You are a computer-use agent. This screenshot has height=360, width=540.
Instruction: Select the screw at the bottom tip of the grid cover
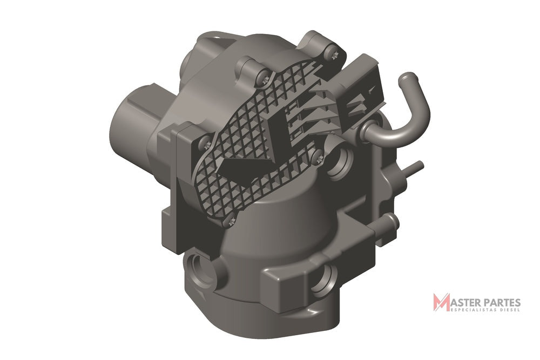231,221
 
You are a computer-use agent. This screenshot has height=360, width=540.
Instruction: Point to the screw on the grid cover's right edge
317,157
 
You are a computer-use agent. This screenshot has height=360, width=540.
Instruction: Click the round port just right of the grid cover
339,162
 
